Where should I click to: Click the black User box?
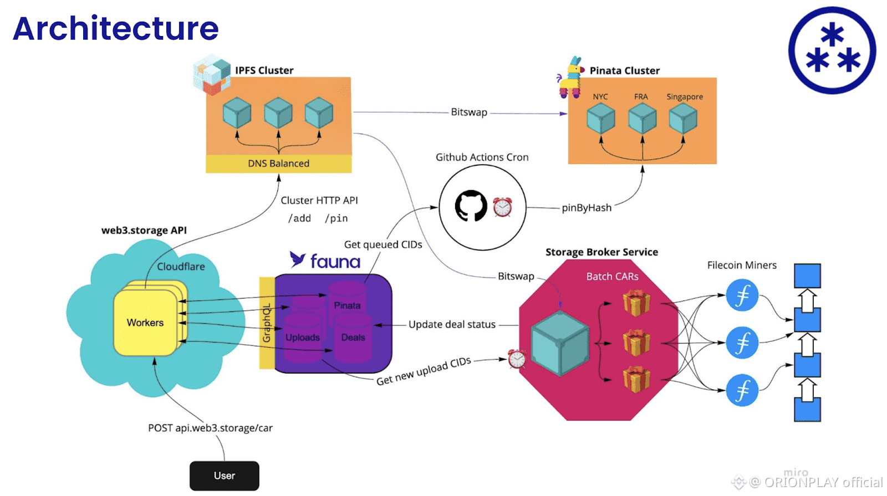224,475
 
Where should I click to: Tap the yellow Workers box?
145,323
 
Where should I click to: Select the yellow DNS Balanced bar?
278,163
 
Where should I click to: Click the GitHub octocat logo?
471,206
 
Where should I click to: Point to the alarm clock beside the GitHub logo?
502,207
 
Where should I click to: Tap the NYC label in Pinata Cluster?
600,96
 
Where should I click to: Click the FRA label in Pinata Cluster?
641,96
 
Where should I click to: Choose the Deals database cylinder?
353,337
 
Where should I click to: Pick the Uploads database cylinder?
303,337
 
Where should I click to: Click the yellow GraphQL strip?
267,323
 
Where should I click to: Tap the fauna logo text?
335,261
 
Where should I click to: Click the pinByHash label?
586,208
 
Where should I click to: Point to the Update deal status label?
452,324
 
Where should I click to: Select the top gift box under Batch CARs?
636,303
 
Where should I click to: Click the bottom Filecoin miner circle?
742,390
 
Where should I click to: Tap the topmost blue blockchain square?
807,275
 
